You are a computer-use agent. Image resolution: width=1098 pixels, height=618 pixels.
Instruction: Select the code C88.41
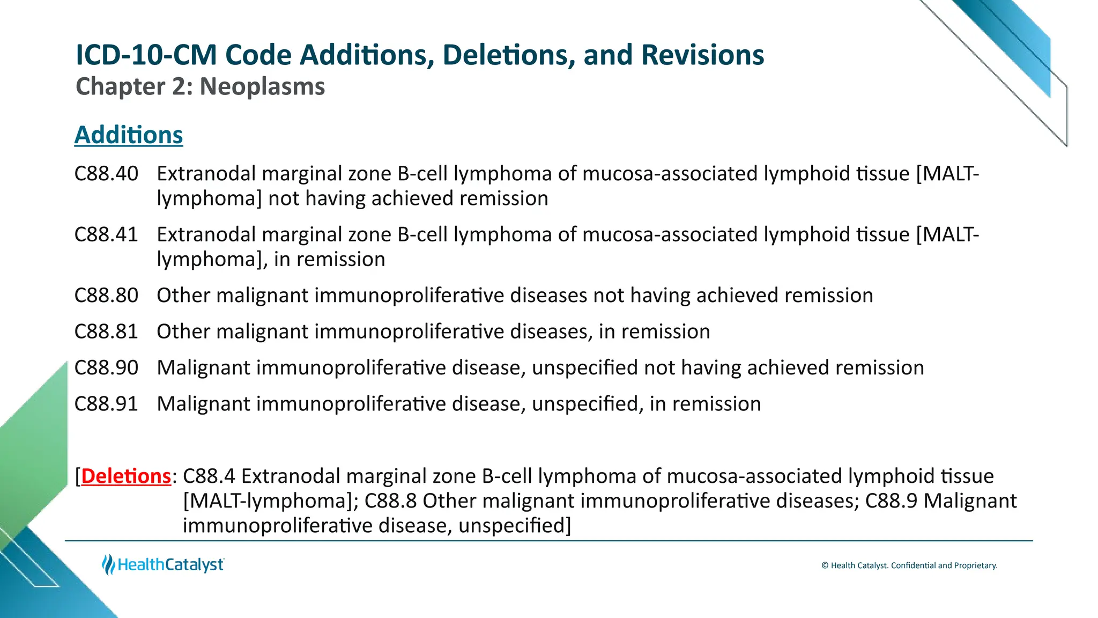(106, 235)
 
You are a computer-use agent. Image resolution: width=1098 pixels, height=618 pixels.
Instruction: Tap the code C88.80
(106, 296)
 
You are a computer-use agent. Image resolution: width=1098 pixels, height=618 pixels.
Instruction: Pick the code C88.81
(106, 332)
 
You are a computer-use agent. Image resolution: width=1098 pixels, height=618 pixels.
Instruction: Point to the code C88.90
(106, 368)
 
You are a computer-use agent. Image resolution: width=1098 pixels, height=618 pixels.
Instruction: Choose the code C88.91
(106, 404)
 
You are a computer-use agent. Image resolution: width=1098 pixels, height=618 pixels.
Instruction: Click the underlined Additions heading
(129, 135)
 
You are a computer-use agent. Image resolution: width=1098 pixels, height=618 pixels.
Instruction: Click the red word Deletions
(126, 476)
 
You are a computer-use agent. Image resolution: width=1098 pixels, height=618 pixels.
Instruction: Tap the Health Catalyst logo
(163, 565)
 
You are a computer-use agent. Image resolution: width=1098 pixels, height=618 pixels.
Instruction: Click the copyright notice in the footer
(909, 565)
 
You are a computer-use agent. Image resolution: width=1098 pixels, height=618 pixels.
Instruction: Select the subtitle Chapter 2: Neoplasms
(200, 87)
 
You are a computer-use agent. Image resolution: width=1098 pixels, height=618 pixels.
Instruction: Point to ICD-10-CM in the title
(146, 55)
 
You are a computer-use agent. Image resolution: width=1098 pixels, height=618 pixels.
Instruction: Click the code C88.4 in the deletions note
(209, 476)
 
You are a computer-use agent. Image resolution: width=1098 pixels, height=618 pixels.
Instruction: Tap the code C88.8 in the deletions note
(390, 501)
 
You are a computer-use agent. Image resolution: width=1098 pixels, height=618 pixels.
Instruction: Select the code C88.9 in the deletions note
(891, 501)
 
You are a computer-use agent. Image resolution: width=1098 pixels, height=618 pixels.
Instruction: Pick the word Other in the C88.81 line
(183, 332)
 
